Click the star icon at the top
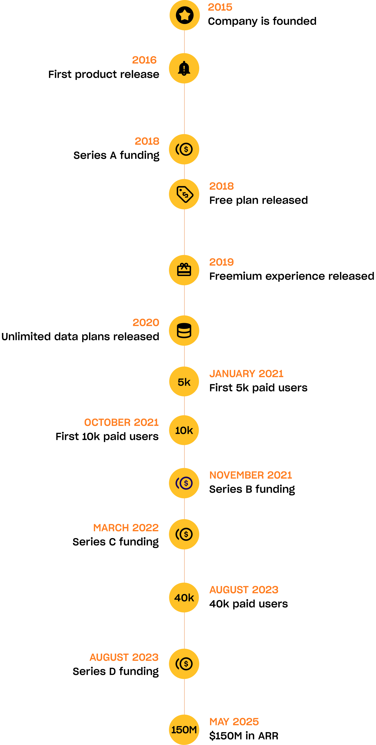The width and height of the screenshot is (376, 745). click(185, 15)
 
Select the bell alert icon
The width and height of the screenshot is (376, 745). click(184, 68)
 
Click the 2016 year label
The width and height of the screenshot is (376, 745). click(144, 60)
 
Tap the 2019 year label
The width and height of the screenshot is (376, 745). click(221, 262)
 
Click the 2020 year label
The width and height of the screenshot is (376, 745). click(146, 322)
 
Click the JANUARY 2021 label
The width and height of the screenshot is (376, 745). click(246, 374)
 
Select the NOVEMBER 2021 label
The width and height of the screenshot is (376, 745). click(250, 475)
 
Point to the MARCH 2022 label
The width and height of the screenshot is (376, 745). click(126, 528)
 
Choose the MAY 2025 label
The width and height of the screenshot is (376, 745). click(234, 722)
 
